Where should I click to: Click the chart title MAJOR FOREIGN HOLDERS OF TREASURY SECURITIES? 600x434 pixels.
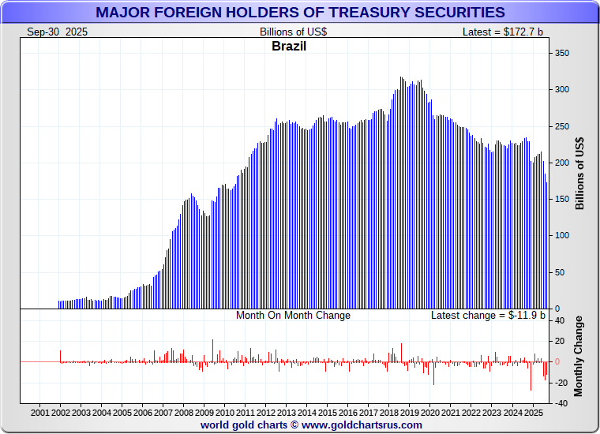click(x=300, y=12)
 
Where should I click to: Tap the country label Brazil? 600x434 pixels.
click(x=289, y=46)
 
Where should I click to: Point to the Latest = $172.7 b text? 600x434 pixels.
click(x=502, y=32)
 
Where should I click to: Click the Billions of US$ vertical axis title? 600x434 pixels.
click(x=580, y=173)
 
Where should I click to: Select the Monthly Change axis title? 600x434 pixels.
click(x=580, y=356)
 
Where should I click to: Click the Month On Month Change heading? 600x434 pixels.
click(x=293, y=315)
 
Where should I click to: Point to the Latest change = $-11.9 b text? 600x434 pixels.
click(x=487, y=315)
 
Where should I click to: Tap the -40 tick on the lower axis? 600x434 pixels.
click(x=560, y=403)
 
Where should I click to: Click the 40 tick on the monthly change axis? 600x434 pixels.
click(x=560, y=320)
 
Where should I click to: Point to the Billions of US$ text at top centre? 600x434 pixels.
click(x=293, y=32)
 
